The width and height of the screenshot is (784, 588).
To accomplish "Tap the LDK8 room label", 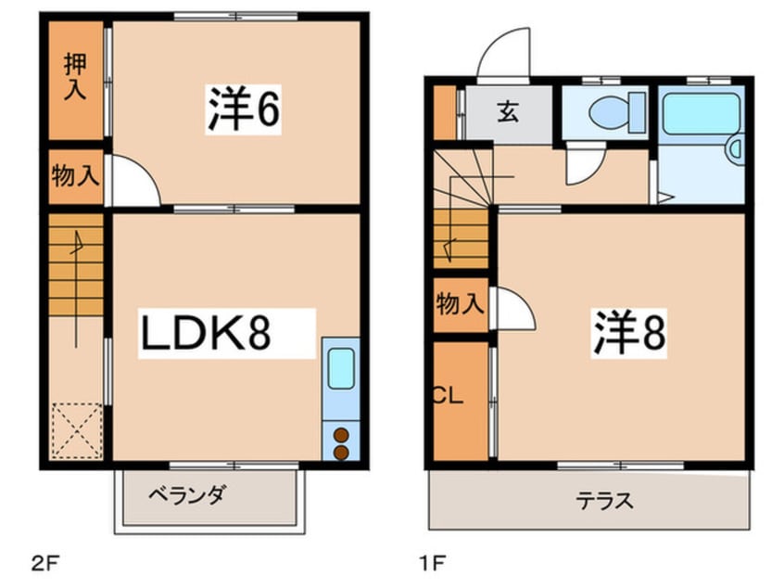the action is (x=206, y=333).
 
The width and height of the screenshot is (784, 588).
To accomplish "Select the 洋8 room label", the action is (x=629, y=332).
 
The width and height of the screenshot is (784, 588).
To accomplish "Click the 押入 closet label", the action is (x=75, y=78).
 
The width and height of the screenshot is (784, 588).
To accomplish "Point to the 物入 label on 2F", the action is (x=75, y=175).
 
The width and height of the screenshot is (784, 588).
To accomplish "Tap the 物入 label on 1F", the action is (x=460, y=304).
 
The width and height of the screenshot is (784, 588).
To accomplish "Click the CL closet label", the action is (x=448, y=396).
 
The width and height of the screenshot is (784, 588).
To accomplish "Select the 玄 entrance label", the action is (x=508, y=112).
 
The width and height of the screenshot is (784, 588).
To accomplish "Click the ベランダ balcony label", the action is (x=187, y=495).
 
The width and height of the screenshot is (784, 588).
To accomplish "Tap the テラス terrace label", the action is (x=604, y=501).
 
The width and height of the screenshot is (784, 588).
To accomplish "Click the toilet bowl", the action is (x=609, y=112).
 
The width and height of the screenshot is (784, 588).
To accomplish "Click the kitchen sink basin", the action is (x=341, y=368).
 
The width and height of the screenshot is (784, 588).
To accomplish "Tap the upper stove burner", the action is (x=341, y=435).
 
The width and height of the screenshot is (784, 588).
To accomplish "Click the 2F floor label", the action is (x=45, y=564).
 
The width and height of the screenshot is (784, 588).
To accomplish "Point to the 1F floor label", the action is (x=432, y=564).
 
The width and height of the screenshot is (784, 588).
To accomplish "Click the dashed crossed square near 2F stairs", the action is (x=77, y=431).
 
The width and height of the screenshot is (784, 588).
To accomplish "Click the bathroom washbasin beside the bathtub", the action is (x=736, y=149).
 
